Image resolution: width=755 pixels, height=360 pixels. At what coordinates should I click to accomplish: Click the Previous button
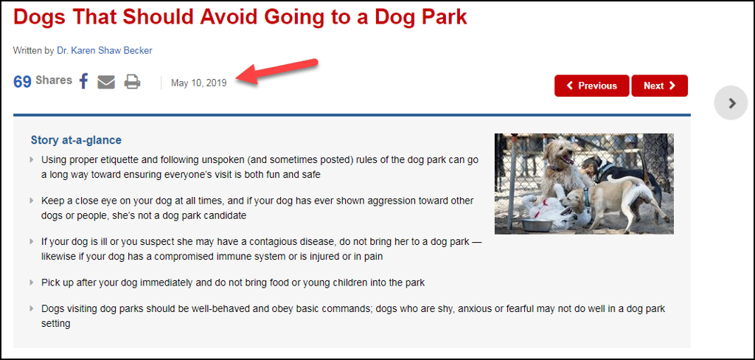tap(592, 86)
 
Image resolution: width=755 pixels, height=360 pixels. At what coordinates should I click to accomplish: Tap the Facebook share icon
tap(84, 81)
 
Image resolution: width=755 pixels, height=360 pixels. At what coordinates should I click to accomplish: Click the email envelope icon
tap(106, 82)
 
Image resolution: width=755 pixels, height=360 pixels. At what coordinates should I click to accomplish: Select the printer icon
tap(133, 82)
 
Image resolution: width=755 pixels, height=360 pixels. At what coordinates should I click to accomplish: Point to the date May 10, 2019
tap(198, 83)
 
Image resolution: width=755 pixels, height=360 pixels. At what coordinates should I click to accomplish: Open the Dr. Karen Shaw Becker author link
tap(105, 50)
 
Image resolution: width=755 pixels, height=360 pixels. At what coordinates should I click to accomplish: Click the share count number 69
tap(22, 81)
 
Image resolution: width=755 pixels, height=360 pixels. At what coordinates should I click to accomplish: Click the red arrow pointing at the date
tap(276, 72)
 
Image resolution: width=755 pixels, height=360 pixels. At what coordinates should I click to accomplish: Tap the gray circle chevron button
tap(731, 103)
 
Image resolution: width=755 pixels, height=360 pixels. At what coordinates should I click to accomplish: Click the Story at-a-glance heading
tap(76, 140)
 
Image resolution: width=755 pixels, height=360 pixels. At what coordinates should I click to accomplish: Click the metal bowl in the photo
tap(537, 224)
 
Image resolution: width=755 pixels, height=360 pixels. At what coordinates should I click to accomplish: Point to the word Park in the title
tap(443, 17)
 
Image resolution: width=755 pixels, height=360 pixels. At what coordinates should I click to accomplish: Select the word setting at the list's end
tap(56, 323)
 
